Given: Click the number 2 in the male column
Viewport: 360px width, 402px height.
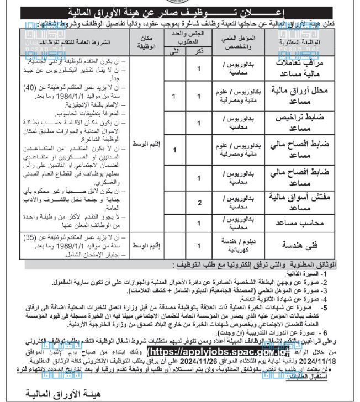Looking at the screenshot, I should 198,203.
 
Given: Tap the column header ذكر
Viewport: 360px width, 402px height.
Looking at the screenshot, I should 198,51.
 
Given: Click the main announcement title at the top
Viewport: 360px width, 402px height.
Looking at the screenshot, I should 179,11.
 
